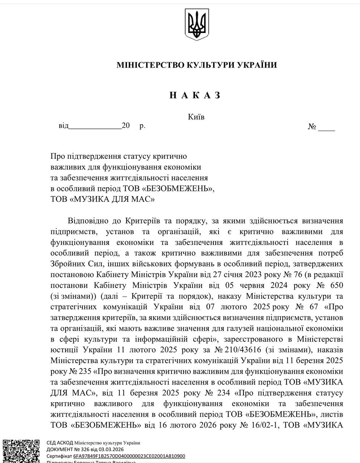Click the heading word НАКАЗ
click(x=195, y=95)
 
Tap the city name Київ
click(x=196, y=117)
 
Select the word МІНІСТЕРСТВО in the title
click(x=150, y=65)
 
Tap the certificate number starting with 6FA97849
click(x=129, y=456)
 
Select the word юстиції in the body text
click(x=64, y=350)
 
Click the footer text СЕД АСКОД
click(x=60, y=443)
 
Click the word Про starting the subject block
click(x=57, y=157)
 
